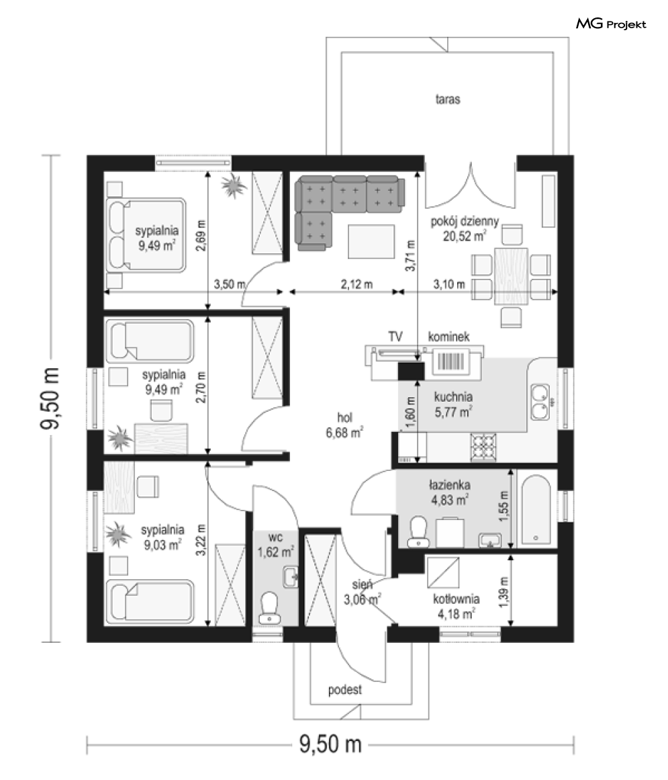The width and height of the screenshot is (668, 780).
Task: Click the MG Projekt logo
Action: [611, 24]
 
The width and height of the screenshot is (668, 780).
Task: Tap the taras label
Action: [448, 99]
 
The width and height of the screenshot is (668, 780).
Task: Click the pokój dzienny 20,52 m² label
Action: [464, 228]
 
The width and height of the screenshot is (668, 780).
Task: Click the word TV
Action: [395, 337]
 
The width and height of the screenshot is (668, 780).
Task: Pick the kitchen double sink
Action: [539, 402]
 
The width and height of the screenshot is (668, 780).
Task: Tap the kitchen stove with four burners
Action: [483, 446]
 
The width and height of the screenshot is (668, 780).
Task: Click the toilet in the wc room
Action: [270, 607]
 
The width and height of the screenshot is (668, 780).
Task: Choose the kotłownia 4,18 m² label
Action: [456, 607]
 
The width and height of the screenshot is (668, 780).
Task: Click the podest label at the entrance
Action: [345, 690]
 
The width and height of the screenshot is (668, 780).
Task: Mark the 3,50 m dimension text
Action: [230, 285]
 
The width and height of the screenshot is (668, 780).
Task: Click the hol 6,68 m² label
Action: [344, 425]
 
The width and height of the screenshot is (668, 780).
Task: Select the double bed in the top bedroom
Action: [146, 234]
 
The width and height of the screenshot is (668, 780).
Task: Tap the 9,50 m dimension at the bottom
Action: [330, 744]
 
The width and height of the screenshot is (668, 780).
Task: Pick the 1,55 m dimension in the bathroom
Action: [504, 506]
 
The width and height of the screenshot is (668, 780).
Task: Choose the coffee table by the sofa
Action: [371, 242]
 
